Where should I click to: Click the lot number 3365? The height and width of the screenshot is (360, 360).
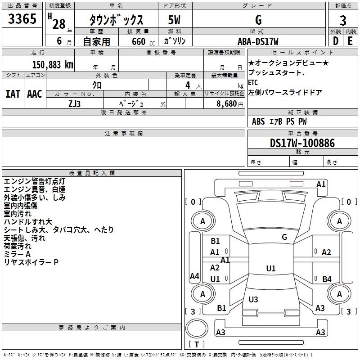[22, 18]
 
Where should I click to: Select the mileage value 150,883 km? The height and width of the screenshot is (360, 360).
[53, 65]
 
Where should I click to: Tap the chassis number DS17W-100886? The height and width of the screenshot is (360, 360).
[302, 143]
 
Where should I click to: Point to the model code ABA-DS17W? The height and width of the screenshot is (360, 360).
[258, 41]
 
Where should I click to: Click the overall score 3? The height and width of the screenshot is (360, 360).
[343, 21]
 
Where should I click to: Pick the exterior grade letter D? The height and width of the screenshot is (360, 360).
[335, 41]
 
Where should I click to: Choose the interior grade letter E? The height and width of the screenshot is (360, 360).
[350, 41]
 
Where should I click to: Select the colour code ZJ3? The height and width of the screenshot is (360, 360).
[74, 104]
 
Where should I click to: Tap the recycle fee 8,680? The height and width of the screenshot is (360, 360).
[227, 103]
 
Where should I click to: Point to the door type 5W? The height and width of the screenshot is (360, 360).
[174, 20]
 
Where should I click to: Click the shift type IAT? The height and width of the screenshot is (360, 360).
[13, 94]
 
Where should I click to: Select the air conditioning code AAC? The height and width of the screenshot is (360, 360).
[35, 94]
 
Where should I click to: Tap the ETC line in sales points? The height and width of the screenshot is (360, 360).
[253, 82]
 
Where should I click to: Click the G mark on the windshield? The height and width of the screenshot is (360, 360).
[284, 237]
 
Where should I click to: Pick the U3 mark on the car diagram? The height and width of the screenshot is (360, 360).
[253, 299]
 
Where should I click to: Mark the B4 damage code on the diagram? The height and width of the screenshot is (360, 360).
[327, 279]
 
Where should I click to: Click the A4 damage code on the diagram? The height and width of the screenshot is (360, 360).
[194, 276]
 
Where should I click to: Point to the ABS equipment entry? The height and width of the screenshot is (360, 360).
[258, 121]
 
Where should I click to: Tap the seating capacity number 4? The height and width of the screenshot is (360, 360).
[188, 85]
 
